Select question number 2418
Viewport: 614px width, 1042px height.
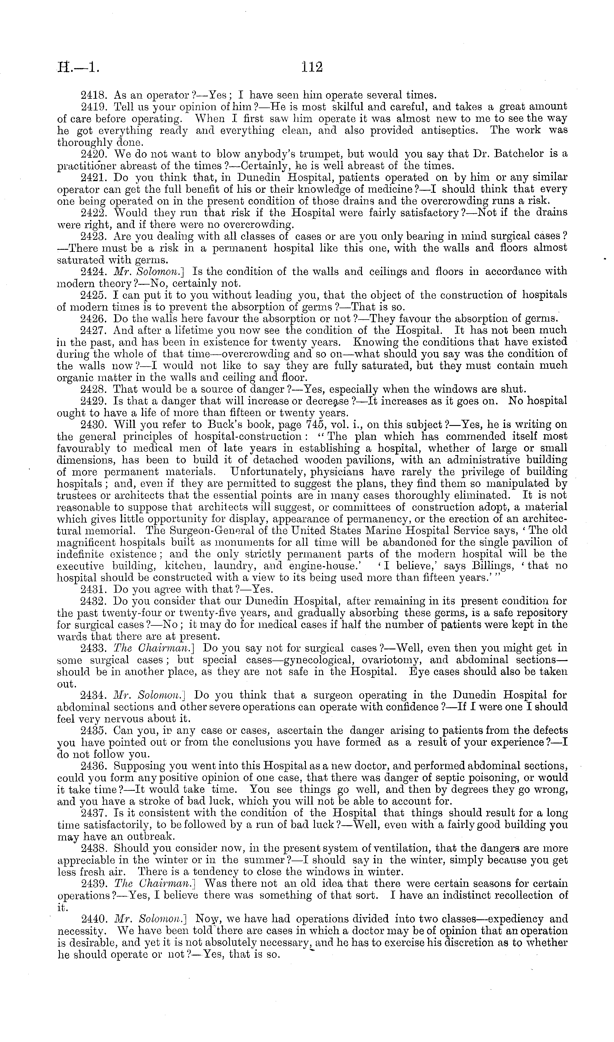click(x=94, y=95)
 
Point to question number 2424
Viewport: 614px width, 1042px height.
click(x=94, y=272)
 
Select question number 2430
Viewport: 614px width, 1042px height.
click(x=94, y=425)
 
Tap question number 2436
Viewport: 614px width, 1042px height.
click(x=94, y=766)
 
